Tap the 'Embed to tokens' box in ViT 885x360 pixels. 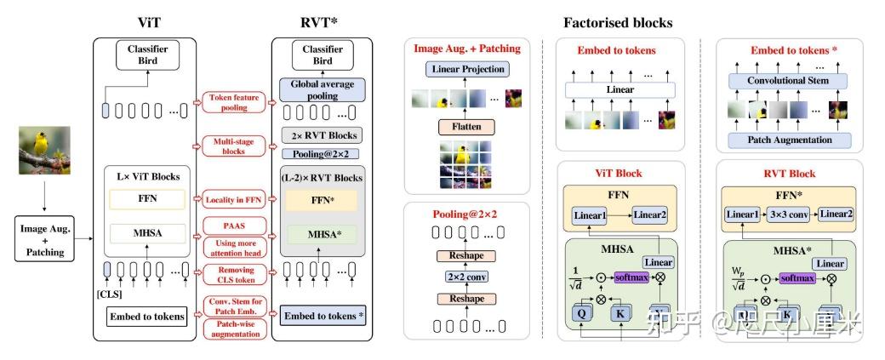(x=146, y=317)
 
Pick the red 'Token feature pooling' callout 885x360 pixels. (x=234, y=104)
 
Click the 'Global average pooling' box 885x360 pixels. (x=322, y=89)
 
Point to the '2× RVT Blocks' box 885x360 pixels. (x=322, y=135)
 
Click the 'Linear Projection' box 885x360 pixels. (x=467, y=69)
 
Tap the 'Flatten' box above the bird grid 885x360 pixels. (x=466, y=128)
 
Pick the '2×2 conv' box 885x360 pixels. (x=466, y=277)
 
